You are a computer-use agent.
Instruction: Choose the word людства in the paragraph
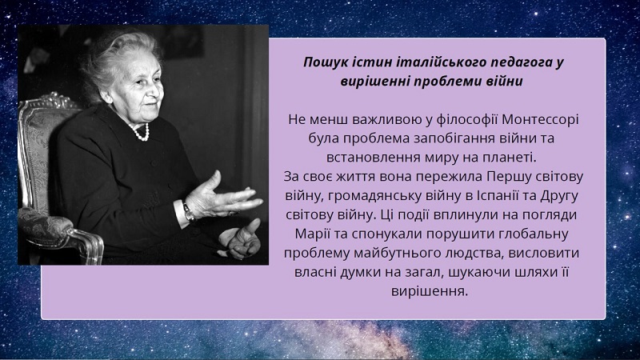pos(466,253)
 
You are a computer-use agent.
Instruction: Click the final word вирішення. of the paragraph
pos(430,291)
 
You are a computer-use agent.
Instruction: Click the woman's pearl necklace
pos(141,133)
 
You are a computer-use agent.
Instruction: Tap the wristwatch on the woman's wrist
pos(188,211)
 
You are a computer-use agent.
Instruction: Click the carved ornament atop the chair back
pos(52,99)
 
